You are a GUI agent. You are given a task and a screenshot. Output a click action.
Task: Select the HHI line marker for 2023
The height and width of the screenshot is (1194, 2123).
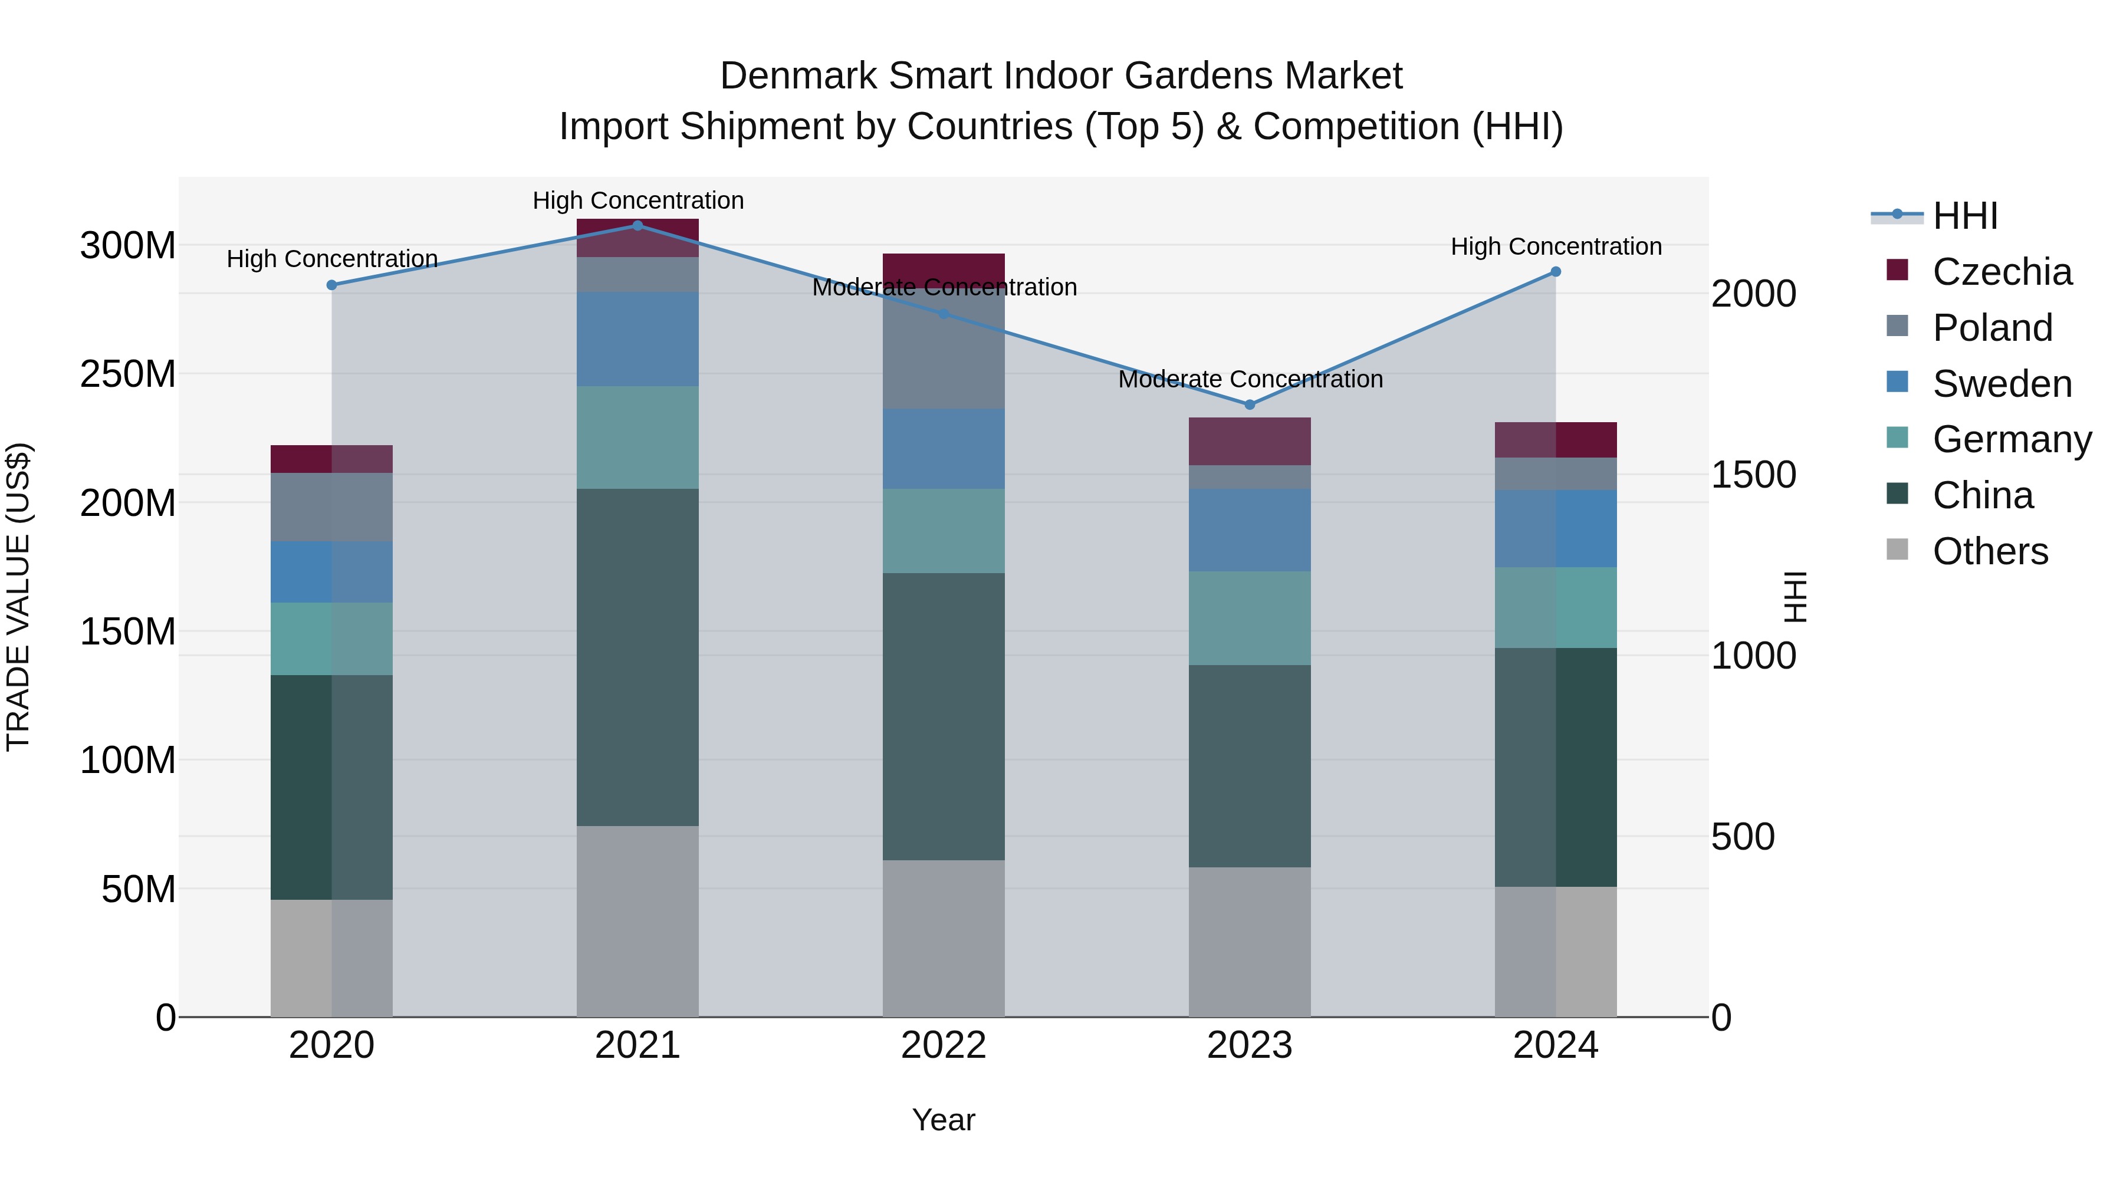[x=1250, y=404]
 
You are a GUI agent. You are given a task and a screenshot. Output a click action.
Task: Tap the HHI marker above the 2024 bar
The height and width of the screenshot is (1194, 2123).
[x=1555, y=272]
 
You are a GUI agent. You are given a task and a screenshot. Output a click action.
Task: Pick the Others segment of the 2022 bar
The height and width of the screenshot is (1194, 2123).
[x=944, y=939]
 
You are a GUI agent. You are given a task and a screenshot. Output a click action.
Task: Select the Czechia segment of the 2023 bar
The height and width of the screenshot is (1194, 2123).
[x=1250, y=441]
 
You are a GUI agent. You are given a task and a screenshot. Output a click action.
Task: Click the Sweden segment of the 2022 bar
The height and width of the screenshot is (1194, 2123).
[x=944, y=449]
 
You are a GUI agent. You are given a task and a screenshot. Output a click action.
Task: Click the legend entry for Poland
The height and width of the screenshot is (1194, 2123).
[x=1992, y=328]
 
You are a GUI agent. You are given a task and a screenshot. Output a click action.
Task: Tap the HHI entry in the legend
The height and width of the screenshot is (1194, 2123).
[x=1965, y=216]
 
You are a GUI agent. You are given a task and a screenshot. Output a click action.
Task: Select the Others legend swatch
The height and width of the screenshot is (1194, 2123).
[x=1897, y=550]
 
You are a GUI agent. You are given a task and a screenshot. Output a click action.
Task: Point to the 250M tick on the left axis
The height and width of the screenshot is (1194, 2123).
[x=128, y=374]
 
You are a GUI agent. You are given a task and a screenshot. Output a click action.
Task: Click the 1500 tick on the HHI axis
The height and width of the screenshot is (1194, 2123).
[x=1753, y=475]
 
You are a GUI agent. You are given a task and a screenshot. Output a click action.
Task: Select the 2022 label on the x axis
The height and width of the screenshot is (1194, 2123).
[x=944, y=1045]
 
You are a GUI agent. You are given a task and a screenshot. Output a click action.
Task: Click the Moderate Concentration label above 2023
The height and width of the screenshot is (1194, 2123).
[x=1250, y=379]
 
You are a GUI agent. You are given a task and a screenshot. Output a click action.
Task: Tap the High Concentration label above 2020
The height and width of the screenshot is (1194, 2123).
[x=332, y=259]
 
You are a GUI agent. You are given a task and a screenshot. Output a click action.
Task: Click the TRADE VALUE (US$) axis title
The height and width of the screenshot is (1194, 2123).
[x=18, y=597]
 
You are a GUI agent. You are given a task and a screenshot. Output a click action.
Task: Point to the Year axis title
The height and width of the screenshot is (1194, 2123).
[x=944, y=1120]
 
